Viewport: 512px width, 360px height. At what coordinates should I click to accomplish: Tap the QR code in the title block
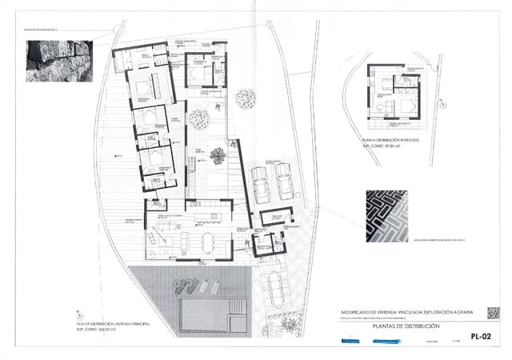494,313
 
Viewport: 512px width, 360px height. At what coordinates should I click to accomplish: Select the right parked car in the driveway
284,182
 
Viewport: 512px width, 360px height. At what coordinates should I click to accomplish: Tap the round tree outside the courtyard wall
246,98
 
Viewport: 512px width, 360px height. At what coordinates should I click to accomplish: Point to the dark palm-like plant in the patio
217,154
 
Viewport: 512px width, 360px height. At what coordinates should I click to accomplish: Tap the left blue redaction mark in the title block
350,341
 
